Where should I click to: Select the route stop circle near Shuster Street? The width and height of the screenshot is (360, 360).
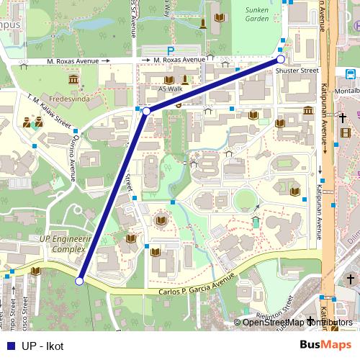281,60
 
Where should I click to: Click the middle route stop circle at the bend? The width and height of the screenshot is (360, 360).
146,112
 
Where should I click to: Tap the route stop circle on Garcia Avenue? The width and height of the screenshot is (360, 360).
80,282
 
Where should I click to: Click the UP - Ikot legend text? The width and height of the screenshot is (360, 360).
42,346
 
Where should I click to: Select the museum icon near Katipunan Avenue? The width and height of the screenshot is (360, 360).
308,111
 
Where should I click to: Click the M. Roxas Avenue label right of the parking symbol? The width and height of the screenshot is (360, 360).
179,60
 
